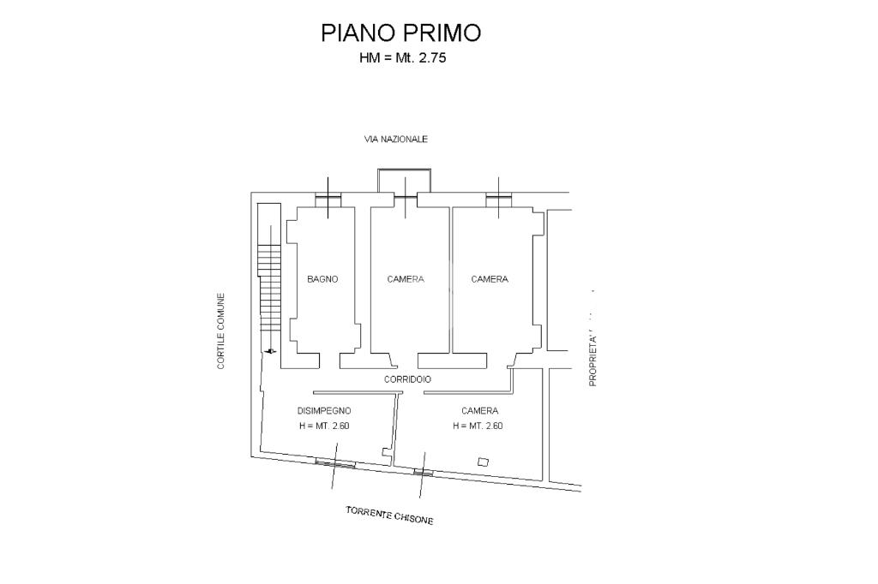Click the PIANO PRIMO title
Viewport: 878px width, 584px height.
pyautogui.click(x=400, y=33)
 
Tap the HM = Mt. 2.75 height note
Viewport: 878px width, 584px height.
pyautogui.click(x=403, y=60)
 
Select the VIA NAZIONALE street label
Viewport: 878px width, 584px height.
pyautogui.click(x=396, y=139)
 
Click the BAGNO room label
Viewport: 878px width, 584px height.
pyautogui.click(x=322, y=279)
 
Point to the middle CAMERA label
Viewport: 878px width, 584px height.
pyautogui.click(x=406, y=279)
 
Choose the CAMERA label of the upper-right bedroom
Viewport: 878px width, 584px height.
pyautogui.click(x=490, y=279)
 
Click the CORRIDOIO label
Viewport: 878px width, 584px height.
pyautogui.click(x=408, y=378)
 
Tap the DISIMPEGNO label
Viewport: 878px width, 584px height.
pyautogui.click(x=324, y=410)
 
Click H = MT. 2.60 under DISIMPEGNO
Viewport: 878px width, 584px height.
pyautogui.click(x=324, y=426)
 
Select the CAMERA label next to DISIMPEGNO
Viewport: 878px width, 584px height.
pyautogui.click(x=480, y=410)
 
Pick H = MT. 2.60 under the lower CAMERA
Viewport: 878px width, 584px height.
pyautogui.click(x=480, y=426)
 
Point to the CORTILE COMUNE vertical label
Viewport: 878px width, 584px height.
pyautogui.click(x=221, y=331)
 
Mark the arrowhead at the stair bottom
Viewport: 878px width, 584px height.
pyautogui.click(x=270, y=350)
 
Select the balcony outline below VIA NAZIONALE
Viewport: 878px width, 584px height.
pyautogui.click(x=406, y=181)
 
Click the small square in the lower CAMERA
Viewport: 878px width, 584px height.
pyautogui.click(x=484, y=463)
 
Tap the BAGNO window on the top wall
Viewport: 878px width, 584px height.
pyautogui.click(x=328, y=200)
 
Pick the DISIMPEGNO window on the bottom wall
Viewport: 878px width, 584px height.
pyautogui.click(x=335, y=463)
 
